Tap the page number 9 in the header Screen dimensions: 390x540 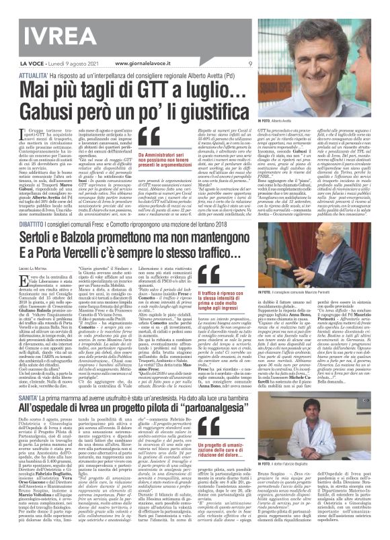249,63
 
